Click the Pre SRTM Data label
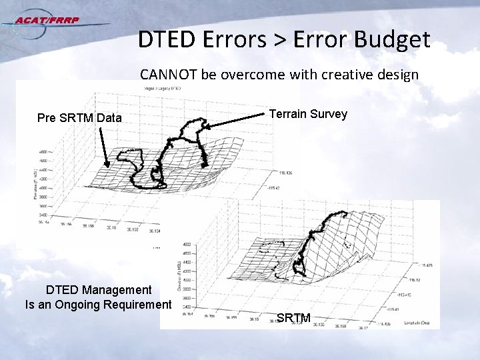79,118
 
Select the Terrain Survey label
308,114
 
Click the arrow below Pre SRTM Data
104,147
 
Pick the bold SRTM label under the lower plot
293,318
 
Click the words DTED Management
99,289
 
